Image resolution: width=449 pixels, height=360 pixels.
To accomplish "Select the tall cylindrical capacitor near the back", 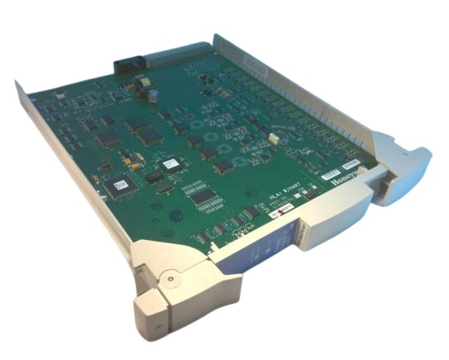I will [x=151, y=93].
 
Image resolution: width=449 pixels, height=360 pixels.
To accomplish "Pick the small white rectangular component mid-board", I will [x=274, y=139].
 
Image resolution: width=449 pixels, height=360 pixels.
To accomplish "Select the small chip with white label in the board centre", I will [x=171, y=163].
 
